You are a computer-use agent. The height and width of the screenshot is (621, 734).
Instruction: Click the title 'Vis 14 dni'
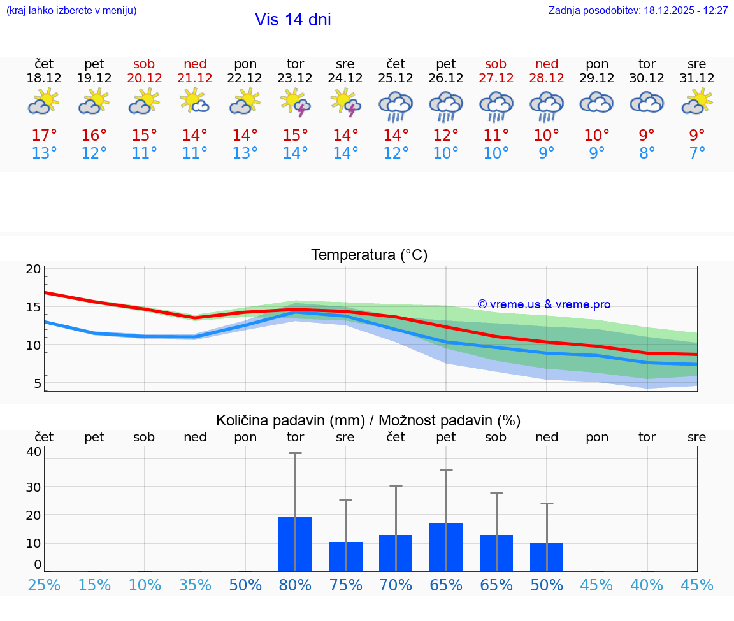(x=292, y=20)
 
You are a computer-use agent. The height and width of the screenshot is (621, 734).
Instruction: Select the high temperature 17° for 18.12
(x=44, y=136)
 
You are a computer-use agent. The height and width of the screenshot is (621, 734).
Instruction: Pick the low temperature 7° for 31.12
(x=697, y=153)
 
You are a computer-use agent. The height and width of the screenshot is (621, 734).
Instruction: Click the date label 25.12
(x=396, y=78)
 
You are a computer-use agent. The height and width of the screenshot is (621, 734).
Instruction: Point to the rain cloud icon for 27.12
(x=496, y=106)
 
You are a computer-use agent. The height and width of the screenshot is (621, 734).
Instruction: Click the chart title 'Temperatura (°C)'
(x=369, y=255)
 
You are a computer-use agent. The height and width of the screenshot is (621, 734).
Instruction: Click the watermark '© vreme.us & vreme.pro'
(x=543, y=304)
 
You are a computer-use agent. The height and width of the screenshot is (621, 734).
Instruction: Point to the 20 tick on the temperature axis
(x=33, y=269)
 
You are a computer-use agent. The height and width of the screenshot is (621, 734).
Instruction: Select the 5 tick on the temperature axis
(x=38, y=383)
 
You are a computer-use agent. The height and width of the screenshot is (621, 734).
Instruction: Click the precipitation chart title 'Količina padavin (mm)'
(x=289, y=420)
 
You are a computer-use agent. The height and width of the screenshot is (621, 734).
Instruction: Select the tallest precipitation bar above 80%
(x=295, y=544)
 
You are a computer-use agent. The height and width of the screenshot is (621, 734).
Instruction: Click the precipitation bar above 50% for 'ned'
(x=546, y=557)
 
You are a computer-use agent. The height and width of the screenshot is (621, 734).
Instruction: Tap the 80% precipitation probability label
(x=295, y=585)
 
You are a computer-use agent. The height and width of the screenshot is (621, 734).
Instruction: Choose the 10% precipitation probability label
(x=145, y=585)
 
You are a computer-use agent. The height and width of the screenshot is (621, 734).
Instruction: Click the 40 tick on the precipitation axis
(x=34, y=452)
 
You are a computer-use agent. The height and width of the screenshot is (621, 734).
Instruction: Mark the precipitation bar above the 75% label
(x=345, y=557)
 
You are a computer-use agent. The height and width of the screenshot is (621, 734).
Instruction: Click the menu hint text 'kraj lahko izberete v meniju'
(x=71, y=11)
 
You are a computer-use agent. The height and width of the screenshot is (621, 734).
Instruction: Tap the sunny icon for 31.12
(x=697, y=102)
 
